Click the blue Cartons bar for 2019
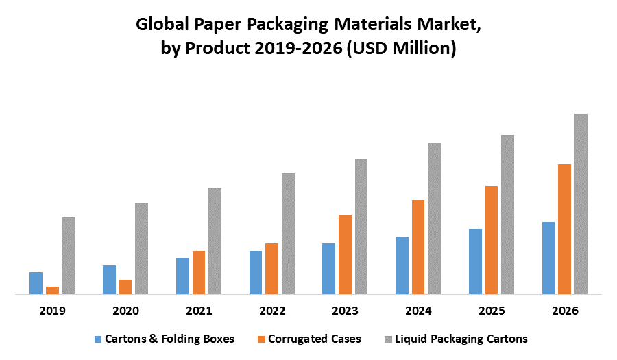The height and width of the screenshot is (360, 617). click(x=36, y=283)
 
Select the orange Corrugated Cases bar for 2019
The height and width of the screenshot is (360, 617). click(x=52, y=290)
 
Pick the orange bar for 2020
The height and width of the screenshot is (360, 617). click(x=125, y=287)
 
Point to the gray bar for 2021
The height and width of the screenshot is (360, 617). click(x=215, y=241)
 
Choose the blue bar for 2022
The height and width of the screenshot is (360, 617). click(x=255, y=272)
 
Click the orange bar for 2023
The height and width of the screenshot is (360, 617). click(x=345, y=254)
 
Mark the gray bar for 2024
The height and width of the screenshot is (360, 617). click(x=434, y=218)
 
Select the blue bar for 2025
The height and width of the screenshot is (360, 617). click(x=475, y=261)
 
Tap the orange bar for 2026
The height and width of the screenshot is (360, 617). click(x=564, y=229)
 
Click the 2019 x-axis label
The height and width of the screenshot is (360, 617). click(x=52, y=311)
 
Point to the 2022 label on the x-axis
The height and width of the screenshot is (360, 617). click(x=272, y=311)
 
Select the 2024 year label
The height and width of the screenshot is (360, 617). click(x=418, y=311)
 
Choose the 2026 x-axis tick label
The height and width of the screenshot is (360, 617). click(x=565, y=311)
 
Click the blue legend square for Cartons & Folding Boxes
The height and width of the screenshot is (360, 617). click(x=98, y=339)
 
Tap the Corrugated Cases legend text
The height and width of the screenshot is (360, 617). click(x=315, y=339)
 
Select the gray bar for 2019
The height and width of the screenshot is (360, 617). click(x=69, y=256)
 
